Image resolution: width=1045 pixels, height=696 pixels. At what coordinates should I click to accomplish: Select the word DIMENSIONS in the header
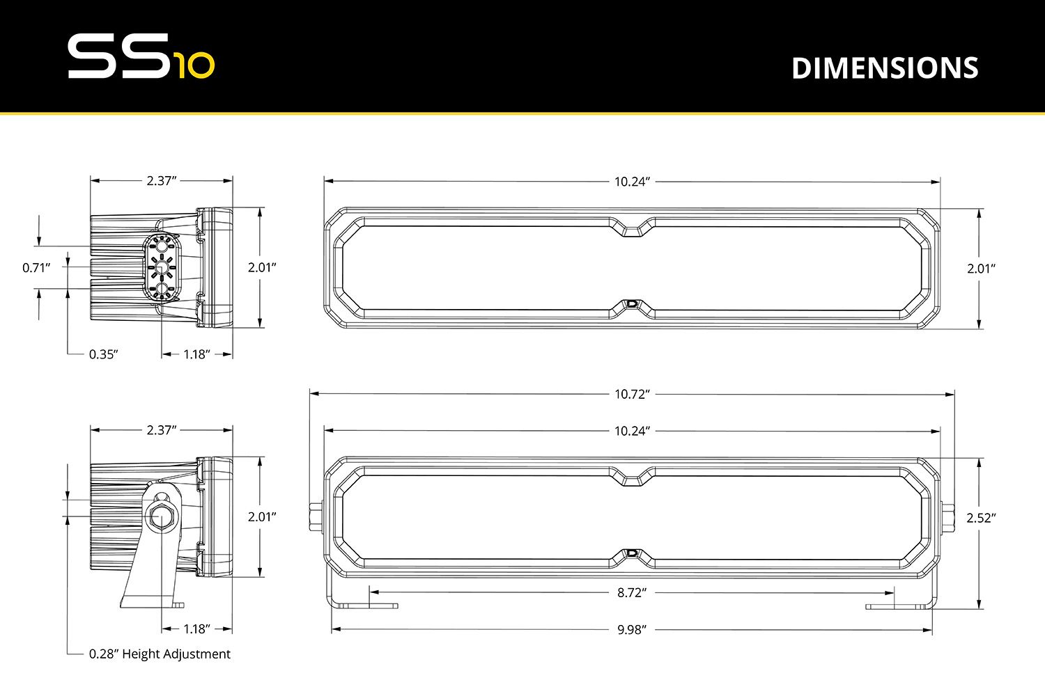[x=885, y=68]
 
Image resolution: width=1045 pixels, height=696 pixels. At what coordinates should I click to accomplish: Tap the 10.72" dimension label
[x=632, y=394]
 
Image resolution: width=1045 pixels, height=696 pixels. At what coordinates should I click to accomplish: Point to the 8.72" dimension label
[x=632, y=593]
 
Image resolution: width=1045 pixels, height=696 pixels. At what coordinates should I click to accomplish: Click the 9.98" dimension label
[x=632, y=630]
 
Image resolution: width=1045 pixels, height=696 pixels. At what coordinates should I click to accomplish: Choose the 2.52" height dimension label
[x=981, y=518]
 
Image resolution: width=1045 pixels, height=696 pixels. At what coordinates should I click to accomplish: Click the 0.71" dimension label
[x=36, y=267]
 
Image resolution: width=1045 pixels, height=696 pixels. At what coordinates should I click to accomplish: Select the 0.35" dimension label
[x=103, y=354]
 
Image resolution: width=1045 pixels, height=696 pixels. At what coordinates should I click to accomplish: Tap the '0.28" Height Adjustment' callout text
[x=160, y=654]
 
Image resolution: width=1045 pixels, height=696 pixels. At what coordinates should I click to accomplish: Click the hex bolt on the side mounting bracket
[x=162, y=519]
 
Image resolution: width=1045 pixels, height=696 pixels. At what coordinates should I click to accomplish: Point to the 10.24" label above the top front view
[x=632, y=182]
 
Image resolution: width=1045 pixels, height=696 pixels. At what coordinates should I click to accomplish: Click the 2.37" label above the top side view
[x=161, y=181]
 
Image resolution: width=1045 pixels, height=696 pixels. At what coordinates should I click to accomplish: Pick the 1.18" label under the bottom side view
[x=196, y=629]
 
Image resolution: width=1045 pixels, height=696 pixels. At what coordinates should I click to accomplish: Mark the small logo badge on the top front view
[x=632, y=304]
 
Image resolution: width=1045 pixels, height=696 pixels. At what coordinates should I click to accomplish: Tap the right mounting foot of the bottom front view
[x=899, y=606]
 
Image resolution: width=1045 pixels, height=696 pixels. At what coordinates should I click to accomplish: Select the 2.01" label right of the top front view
[x=981, y=269]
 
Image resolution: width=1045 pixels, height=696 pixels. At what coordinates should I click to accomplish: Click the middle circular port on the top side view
[x=162, y=267]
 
